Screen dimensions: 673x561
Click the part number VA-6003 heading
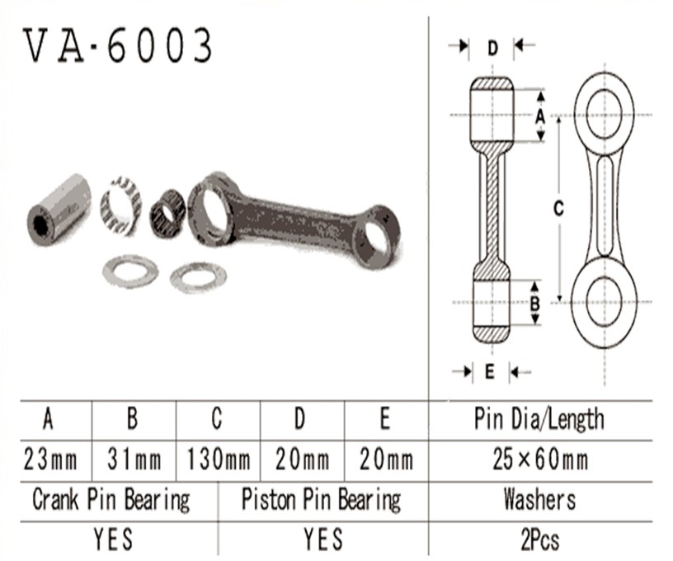pos(117,45)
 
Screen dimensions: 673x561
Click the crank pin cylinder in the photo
pos(59,210)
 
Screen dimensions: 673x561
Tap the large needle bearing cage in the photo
pos(121,205)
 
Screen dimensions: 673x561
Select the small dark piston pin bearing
pos(167,214)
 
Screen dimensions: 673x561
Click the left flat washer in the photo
pos(130,271)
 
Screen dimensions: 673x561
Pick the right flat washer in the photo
pos(198,278)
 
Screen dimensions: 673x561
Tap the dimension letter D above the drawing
pos(492,48)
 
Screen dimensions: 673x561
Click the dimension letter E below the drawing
pos(490,372)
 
